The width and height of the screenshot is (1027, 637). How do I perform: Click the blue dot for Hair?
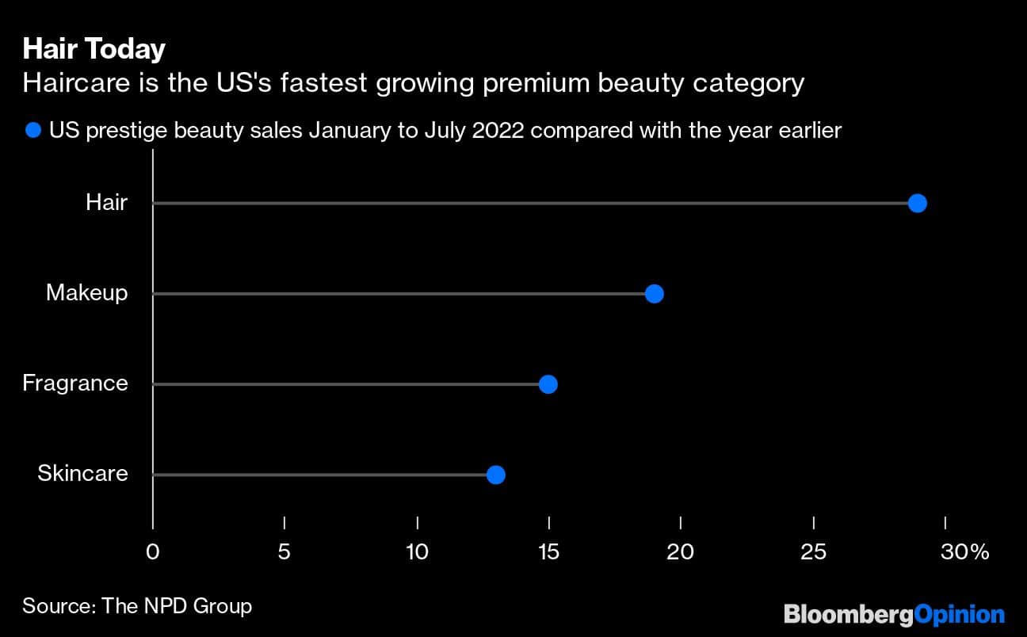pyautogui.click(x=917, y=204)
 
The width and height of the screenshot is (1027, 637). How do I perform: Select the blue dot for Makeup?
pyautogui.click(x=654, y=294)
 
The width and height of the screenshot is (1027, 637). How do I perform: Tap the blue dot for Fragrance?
pyautogui.click(x=548, y=384)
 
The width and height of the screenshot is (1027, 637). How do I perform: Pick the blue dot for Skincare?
pyautogui.click(x=495, y=475)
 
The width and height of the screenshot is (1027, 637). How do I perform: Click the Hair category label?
pyautogui.click(x=106, y=203)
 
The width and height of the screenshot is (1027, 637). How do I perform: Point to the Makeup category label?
pyautogui.click(x=86, y=293)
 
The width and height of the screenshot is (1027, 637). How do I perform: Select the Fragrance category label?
pyautogui.click(x=74, y=383)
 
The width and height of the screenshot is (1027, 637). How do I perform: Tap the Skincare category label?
pyautogui.click(x=82, y=474)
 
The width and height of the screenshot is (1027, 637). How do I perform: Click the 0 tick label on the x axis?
pyautogui.click(x=153, y=551)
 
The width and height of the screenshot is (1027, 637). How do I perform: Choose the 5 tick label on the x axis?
pyautogui.click(x=284, y=551)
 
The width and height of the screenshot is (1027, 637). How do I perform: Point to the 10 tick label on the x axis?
pyautogui.click(x=417, y=551)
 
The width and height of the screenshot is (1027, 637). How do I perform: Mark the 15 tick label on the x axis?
pyautogui.click(x=548, y=551)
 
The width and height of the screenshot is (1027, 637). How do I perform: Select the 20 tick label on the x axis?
pyautogui.click(x=681, y=551)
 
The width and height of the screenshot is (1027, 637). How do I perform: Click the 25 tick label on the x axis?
pyautogui.click(x=813, y=551)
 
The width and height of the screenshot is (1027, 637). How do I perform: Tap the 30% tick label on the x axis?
pyautogui.click(x=964, y=551)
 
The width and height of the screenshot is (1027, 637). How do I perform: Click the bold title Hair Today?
pyautogui.click(x=94, y=49)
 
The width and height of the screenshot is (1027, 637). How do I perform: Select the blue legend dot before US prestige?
pyautogui.click(x=32, y=130)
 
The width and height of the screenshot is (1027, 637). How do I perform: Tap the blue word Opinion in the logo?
pyautogui.click(x=959, y=614)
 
